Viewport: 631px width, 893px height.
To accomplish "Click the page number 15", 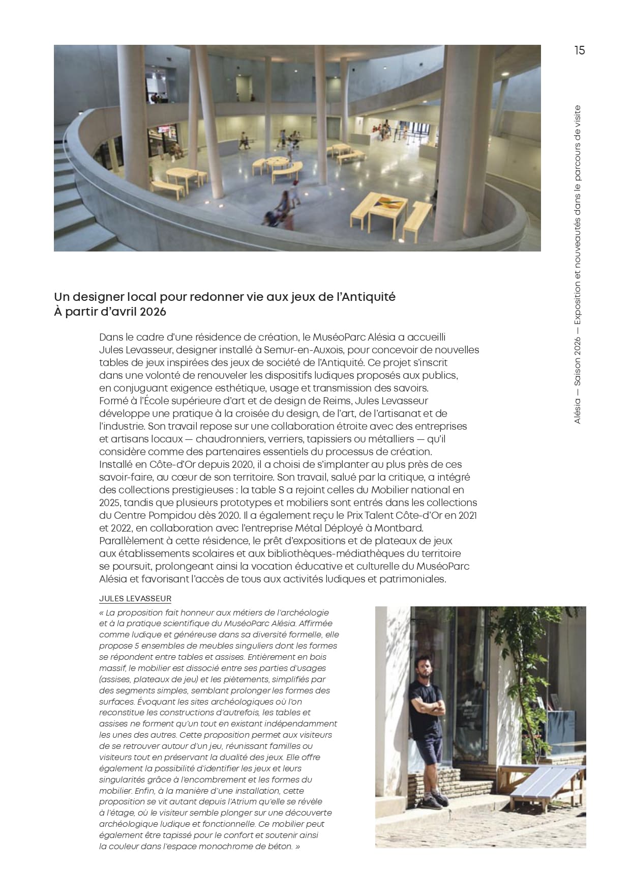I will (579, 50).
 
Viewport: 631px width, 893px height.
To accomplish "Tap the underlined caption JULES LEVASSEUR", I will (135, 599).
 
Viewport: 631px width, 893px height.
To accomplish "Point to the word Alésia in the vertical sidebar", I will (577, 410).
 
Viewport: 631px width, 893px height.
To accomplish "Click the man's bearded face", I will (424, 672).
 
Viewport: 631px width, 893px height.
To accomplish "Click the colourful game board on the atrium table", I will (388, 204).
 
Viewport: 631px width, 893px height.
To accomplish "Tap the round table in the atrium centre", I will (276, 162).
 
